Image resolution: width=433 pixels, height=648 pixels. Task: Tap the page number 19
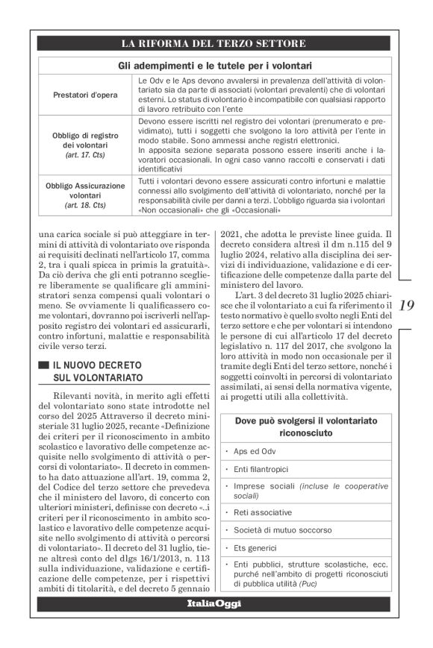[x=408, y=305]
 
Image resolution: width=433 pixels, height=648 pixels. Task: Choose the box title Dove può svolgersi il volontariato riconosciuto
[x=306, y=427]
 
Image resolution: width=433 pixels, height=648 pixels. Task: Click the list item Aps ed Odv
[x=252, y=452]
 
